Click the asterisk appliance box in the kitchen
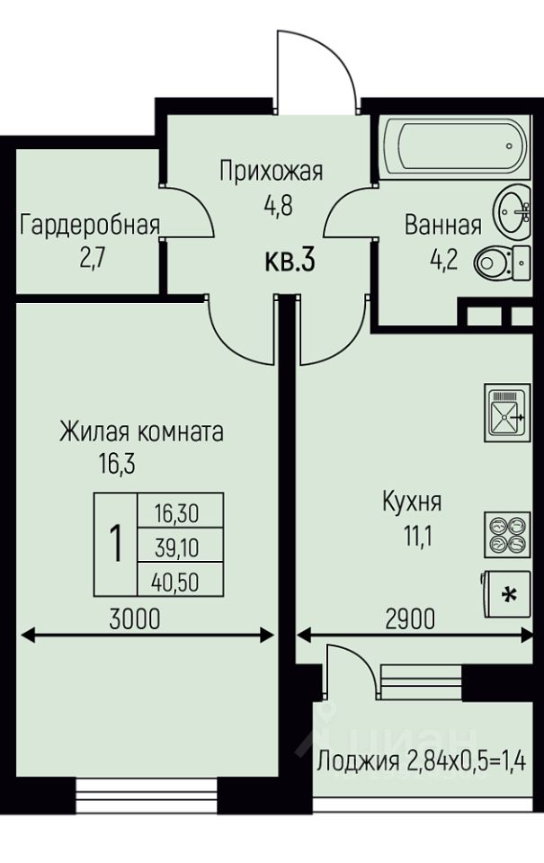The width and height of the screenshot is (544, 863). point(509,595)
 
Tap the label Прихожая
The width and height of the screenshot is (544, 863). point(271,170)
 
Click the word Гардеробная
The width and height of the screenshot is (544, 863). point(90,225)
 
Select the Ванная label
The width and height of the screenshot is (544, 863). point(442,225)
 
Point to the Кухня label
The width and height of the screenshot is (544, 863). point(412,501)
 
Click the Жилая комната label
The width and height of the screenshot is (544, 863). point(141,431)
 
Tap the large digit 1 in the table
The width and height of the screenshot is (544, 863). point(115,545)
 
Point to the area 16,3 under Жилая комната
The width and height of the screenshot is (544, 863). point(116,464)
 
